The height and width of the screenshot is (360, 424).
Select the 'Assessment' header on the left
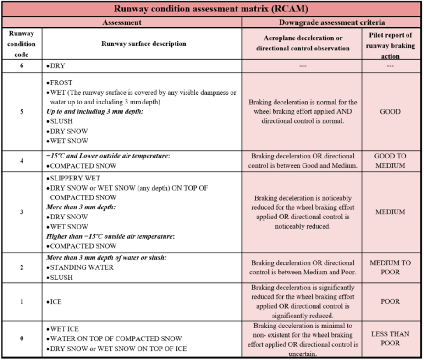click(x=121, y=22)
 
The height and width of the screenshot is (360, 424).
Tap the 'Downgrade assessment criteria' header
click(x=331, y=22)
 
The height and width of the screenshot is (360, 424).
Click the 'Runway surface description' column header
click(x=143, y=44)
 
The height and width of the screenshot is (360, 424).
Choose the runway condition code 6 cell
click(x=22, y=65)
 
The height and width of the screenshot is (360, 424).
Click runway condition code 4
click(x=22, y=161)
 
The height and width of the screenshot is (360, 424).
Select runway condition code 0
click(x=22, y=339)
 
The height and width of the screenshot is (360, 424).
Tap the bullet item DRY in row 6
click(x=57, y=66)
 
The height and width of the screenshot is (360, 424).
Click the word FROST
click(x=61, y=83)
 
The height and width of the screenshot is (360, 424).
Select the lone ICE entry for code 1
click(x=55, y=302)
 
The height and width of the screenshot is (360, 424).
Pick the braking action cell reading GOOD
click(x=390, y=112)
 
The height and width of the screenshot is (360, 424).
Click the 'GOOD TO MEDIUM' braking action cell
click(x=390, y=161)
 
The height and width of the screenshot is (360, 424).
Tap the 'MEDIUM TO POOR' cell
click(x=390, y=267)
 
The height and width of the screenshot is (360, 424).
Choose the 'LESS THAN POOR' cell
click(x=390, y=339)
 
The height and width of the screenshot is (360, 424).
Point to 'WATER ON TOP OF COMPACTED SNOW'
click(x=116, y=339)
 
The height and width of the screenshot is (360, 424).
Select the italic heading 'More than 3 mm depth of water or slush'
click(x=106, y=258)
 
